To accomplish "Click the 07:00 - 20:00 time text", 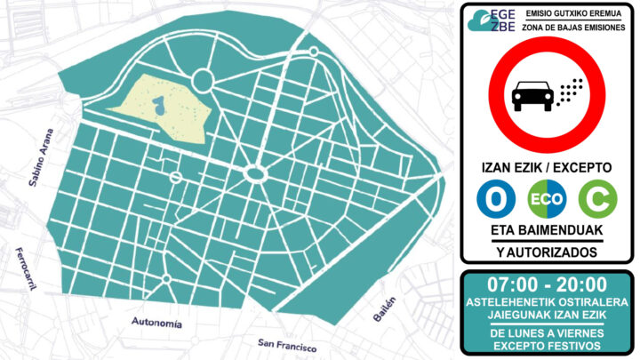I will (x=548, y=285).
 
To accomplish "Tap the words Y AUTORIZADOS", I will (x=547, y=252).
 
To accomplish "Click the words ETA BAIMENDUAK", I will (x=547, y=230).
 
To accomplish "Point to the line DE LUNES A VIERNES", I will (x=548, y=332).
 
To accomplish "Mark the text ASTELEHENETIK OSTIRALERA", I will (x=548, y=302).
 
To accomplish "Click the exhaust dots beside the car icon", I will (x=569, y=90).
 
